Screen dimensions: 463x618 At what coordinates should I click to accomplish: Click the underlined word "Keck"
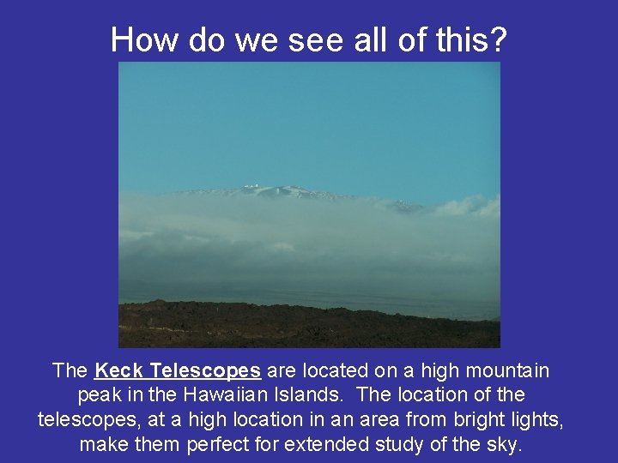point(119,370)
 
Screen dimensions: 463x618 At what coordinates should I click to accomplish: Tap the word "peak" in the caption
point(97,396)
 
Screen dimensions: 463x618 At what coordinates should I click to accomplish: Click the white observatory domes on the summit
point(251,185)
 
